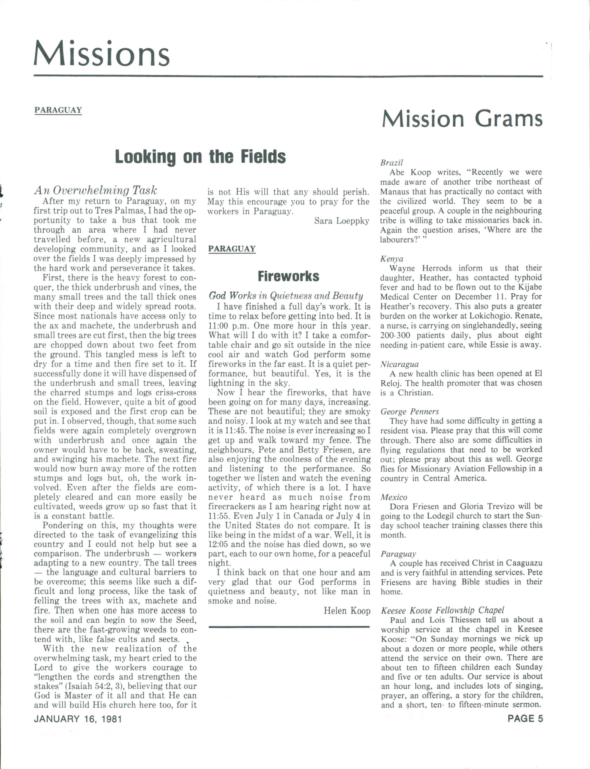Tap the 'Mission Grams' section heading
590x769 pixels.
point(462,119)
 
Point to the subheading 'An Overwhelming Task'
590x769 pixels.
point(95,190)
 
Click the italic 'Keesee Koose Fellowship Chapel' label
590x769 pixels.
point(442,610)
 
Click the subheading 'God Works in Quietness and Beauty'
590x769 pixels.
point(286,296)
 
